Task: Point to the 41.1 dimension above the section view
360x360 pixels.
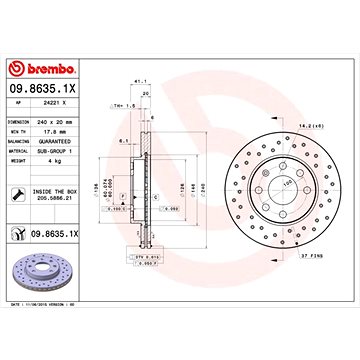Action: pyautogui.click(x=139, y=85)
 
